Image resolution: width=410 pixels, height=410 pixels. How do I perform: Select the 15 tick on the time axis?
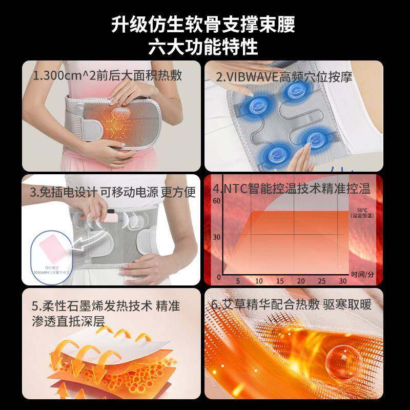tap(280, 281)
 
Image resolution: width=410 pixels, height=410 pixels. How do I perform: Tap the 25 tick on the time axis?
tap(322, 281)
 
